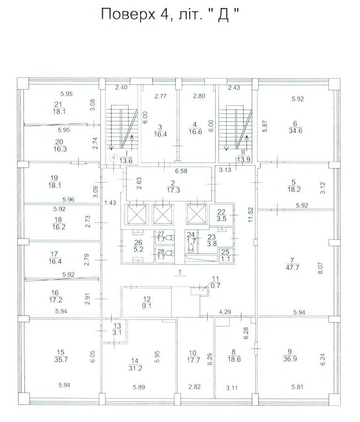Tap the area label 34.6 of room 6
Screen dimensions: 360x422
295,131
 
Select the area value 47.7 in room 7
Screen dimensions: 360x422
292,267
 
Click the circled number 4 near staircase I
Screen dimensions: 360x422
114,156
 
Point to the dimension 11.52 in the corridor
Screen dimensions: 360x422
251,214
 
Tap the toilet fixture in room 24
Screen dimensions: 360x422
191,248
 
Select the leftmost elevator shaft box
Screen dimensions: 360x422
137,215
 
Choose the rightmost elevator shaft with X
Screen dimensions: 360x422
197,214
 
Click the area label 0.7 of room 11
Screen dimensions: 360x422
216,286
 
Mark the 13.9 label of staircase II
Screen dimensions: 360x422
243,160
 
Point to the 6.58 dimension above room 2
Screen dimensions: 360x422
181,171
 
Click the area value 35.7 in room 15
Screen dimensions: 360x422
61,360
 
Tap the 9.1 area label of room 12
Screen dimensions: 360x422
147,306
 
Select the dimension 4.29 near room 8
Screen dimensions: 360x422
225,312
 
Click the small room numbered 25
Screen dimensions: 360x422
225,256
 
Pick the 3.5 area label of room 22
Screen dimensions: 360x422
221,219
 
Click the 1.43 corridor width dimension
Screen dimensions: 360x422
110,203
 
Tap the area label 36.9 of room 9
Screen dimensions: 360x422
290,359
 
